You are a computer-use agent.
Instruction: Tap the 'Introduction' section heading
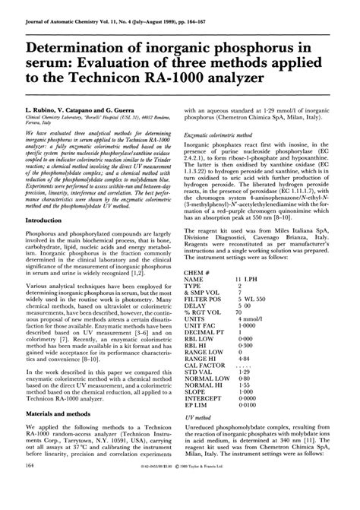pyautogui.click(x=50, y=219)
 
